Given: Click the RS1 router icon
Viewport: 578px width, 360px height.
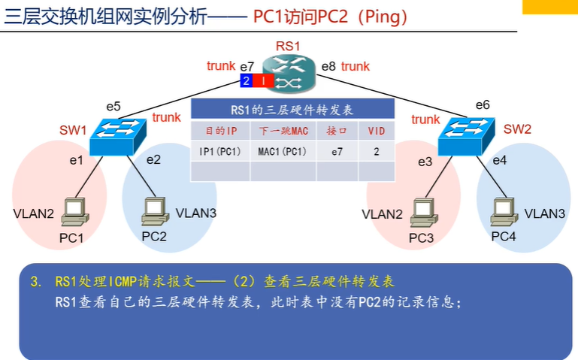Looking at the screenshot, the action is [x=289, y=73].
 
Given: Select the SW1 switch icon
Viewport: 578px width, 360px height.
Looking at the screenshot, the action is [x=118, y=136].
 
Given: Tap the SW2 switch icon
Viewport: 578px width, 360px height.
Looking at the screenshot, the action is [x=466, y=136].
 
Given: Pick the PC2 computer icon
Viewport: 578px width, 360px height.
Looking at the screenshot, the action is [x=155, y=211].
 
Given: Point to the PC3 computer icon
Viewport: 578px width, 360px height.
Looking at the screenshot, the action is [x=424, y=212].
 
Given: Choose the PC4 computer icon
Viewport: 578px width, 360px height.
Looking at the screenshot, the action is [x=504, y=211].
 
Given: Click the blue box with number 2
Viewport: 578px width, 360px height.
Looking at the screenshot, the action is [x=247, y=80].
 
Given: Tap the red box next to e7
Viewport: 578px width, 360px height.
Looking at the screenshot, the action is [x=263, y=80].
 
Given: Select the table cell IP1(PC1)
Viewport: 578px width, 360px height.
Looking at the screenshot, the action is [x=220, y=152].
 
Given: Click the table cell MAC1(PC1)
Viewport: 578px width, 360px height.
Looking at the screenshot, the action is [x=283, y=152].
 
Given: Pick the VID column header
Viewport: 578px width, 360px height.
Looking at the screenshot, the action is [x=377, y=131].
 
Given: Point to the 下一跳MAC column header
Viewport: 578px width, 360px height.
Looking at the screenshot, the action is [x=283, y=131].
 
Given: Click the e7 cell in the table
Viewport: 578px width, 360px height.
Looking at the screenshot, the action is [x=337, y=152].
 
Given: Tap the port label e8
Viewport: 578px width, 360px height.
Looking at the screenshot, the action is [x=328, y=66].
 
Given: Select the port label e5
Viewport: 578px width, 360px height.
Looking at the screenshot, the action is [x=113, y=107].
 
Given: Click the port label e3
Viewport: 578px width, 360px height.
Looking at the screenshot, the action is [x=425, y=162].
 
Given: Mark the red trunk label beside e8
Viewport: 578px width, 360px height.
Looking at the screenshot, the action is [x=356, y=66].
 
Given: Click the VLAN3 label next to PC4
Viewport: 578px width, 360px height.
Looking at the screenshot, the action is [x=545, y=213].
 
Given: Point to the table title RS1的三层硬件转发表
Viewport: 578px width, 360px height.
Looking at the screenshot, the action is [x=292, y=110].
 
